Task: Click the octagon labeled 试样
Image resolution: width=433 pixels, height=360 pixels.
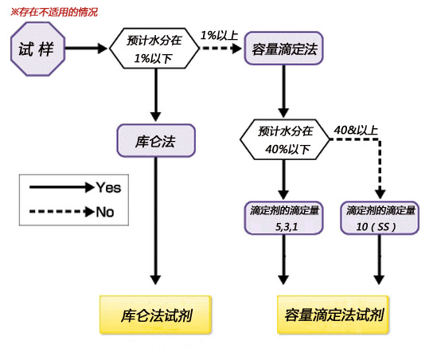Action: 36,48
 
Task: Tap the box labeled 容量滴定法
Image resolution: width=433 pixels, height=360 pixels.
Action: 283,48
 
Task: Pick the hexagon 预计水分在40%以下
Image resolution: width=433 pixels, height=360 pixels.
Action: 283,139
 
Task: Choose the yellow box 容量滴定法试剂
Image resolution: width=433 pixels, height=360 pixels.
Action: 333,315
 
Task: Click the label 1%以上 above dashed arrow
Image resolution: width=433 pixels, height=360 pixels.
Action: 218,35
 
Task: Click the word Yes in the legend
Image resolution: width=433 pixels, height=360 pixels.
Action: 109,188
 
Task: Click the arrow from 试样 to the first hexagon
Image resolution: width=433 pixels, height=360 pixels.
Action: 87,48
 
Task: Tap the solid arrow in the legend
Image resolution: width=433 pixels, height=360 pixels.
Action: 60,188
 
